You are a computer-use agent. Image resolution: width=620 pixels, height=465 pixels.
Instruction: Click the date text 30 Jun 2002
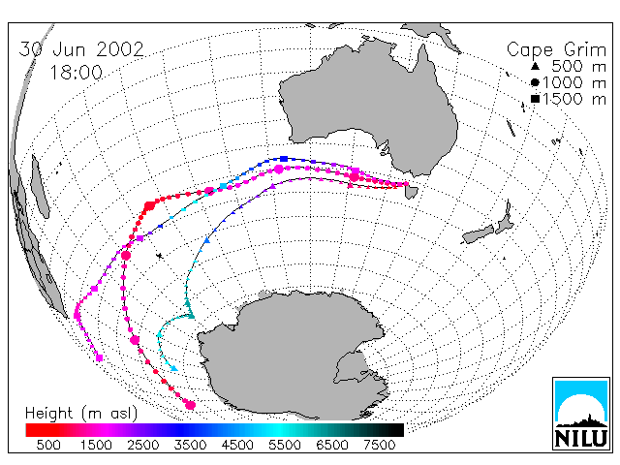coord(81,49)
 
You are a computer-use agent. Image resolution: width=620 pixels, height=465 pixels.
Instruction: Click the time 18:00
coord(77,73)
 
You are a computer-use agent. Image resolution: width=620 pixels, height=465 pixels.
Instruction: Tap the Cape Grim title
coord(556,50)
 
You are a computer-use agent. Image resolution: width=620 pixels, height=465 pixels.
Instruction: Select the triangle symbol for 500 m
coord(535,66)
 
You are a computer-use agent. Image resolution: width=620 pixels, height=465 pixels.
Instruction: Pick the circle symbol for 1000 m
coord(535,82)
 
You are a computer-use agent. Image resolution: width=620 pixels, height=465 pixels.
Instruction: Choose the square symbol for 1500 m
coord(535,99)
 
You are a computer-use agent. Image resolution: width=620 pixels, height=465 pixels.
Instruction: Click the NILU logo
coord(581,414)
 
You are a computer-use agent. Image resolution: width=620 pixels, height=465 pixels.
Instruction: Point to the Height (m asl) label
coord(81,414)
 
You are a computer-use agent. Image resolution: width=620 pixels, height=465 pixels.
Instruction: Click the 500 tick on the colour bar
coord(48,445)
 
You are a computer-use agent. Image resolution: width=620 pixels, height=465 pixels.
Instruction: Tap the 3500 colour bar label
coord(190,445)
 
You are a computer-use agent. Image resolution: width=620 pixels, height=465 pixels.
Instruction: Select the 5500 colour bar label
coord(285,445)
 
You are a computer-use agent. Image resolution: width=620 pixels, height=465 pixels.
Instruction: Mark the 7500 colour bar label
coord(379,445)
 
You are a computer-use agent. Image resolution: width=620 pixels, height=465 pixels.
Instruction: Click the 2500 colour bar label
coord(143,445)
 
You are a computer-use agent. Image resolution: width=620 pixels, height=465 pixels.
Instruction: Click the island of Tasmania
coord(412,193)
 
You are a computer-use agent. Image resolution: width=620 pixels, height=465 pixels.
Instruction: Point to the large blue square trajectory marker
coord(284,159)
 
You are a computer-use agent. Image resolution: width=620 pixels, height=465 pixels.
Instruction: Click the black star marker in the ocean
coord(160,256)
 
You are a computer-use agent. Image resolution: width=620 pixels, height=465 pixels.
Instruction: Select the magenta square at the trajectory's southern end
coord(99,357)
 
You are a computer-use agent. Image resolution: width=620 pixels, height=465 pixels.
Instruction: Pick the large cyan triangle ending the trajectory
coord(174,368)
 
